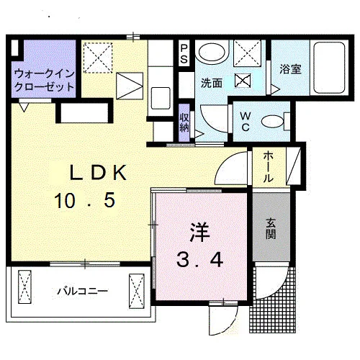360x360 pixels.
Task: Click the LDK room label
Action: coord(98,173)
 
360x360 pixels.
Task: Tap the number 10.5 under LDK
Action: coord(85,201)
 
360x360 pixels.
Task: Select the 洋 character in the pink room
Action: coord(199,233)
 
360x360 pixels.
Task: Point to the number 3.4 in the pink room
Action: coord(200,261)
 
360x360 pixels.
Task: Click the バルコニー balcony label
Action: coord(83,292)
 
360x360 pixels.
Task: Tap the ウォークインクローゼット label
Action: coord(45,80)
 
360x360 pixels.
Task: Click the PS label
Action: coord(184,54)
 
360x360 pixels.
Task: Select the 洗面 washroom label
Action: coord(212,83)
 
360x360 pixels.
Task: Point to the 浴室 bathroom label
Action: coord(290,69)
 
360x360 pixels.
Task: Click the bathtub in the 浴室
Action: coord(329,68)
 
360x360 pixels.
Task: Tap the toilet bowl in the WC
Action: coord(273,122)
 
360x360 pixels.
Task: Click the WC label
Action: coord(246,122)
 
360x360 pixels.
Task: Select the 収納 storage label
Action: coord(184,122)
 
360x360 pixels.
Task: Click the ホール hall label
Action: coord(269,167)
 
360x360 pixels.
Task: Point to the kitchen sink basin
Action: coord(161,99)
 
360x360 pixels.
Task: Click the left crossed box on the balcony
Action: coord(25,287)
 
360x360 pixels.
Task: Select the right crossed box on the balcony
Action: coord(137,291)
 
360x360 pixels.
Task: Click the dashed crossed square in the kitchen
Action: coord(98,58)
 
